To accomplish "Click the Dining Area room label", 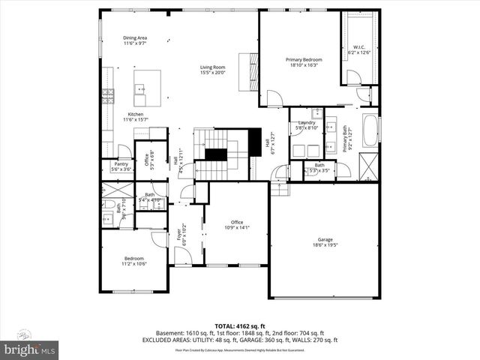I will (x=135, y=37).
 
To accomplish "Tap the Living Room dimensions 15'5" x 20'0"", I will (x=212, y=73).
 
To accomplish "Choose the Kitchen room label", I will (x=135, y=114).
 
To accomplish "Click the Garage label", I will (x=325, y=240).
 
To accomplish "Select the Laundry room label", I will (x=307, y=122).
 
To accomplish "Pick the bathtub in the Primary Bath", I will (x=371, y=131).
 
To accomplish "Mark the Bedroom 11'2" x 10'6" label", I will (x=135, y=259).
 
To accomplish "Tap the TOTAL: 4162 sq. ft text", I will (x=239, y=325).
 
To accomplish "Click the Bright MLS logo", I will (x=30, y=349).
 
